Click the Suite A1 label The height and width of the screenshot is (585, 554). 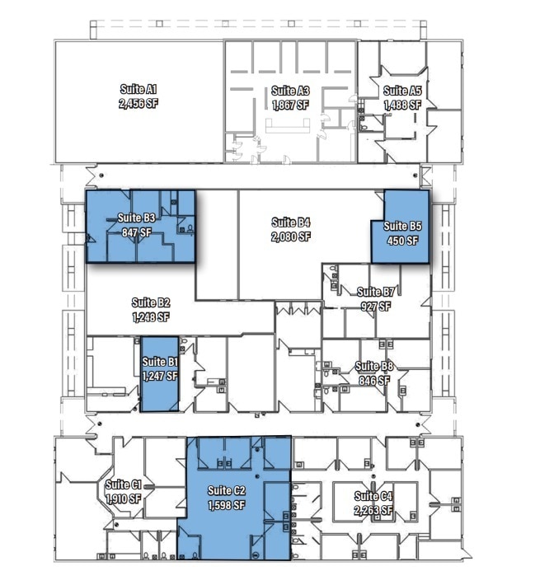pyautogui.click(x=138, y=89)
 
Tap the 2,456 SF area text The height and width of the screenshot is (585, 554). pyautogui.click(x=138, y=104)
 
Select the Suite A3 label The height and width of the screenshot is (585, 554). pyautogui.click(x=290, y=91)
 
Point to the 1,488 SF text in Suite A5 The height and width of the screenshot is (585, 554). pyautogui.click(x=402, y=105)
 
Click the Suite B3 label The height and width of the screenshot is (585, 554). pyautogui.click(x=137, y=218)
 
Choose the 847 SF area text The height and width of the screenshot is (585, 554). pyautogui.click(x=137, y=232)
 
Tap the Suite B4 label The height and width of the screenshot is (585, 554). pyautogui.click(x=291, y=222)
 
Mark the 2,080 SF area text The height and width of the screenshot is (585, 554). pyautogui.click(x=291, y=236)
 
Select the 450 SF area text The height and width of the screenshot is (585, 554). pyautogui.click(x=402, y=241)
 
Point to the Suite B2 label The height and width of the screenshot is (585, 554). pyautogui.click(x=150, y=302)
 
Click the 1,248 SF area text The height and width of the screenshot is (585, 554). pyautogui.click(x=150, y=316)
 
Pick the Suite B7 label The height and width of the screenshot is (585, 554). pyautogui.click(x=375, y=292)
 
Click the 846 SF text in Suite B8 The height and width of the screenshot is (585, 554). pyautogui.click(x=374, y=381)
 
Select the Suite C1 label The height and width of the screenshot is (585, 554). pyautogui.click(x=124, y=484)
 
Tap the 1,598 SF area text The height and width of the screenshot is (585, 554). pyautogui.click(x=227, y=505)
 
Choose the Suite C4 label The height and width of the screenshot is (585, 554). pyautogui.click(x=373, y=496)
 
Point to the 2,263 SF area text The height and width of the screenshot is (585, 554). pyautogui.click(x=373, y=511)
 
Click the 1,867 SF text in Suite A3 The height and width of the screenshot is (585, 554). pyautogui.click(x=290, y=105)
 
